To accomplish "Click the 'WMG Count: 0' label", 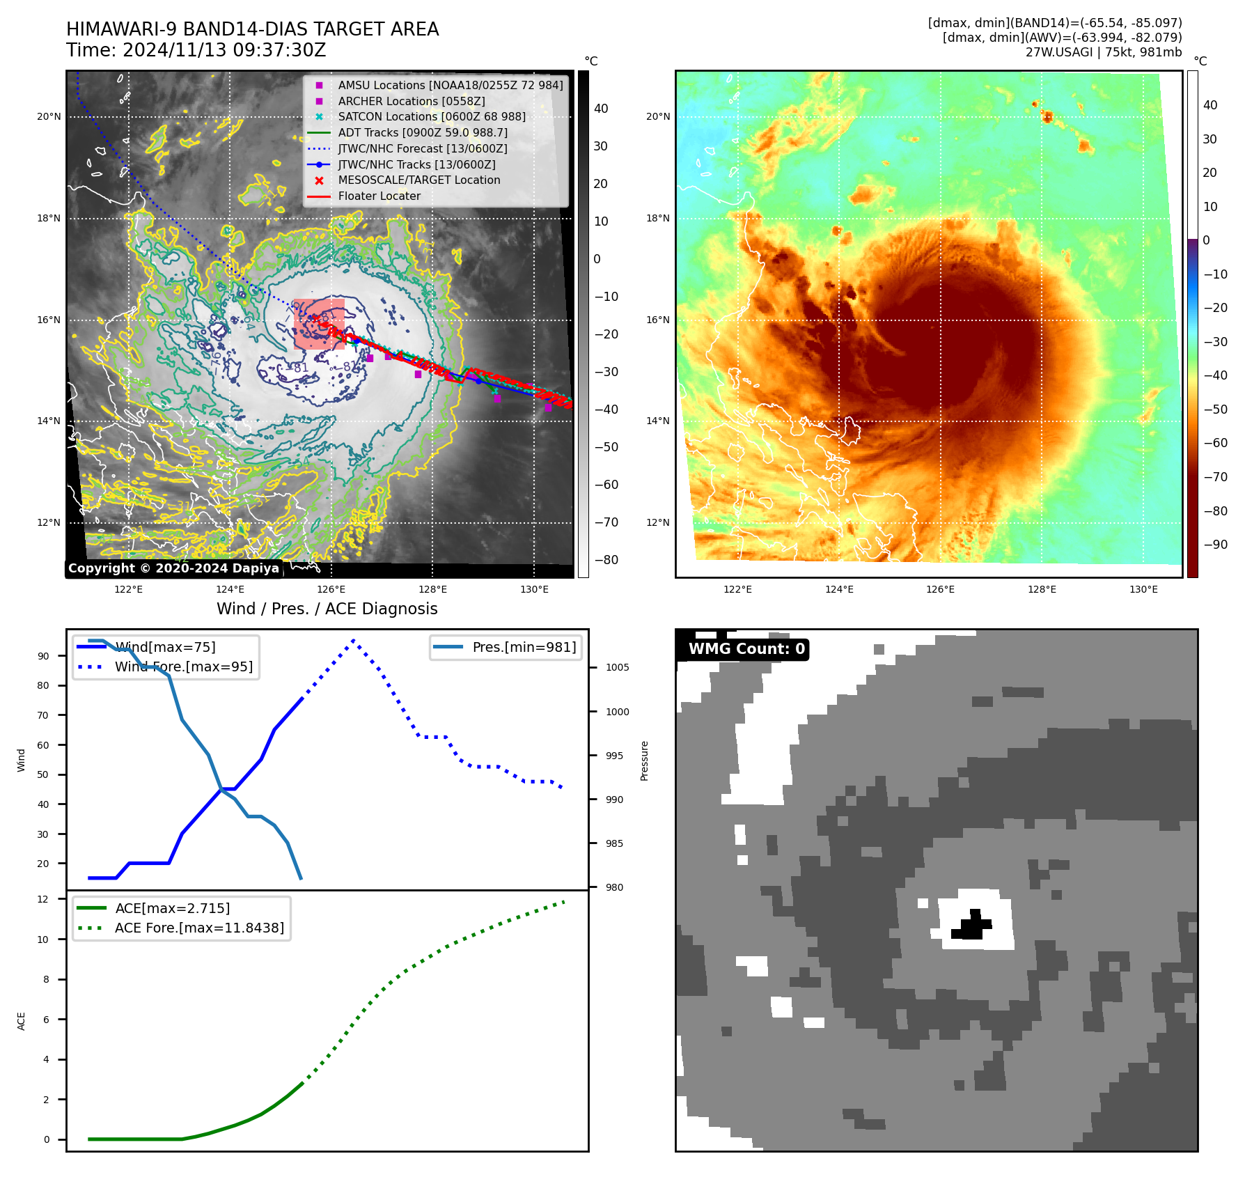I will (746, 649).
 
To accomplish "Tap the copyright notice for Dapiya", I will (173, 568).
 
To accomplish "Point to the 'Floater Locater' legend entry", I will (379, 196).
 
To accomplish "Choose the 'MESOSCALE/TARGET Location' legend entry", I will (418, 180).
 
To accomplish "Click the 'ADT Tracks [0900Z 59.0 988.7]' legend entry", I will (422, 132).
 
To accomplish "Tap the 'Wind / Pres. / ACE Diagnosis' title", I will (327, 609).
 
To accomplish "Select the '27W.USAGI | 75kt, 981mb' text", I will (1103, 52).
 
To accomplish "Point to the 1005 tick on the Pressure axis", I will (617, 667).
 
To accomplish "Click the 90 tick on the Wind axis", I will (44, 656).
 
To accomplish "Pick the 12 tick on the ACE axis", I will (43, 899).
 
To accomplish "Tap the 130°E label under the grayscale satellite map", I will (534, 590).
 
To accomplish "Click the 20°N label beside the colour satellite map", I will (658, 116).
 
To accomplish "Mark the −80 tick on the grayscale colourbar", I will (606, 560).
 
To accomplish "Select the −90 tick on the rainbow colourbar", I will (1216, 545).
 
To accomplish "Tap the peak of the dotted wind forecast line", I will (354, 640).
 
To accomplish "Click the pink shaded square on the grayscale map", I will (319, 324).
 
